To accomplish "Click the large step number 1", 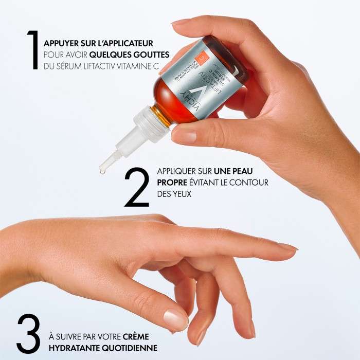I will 33,49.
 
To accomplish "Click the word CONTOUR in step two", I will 250,183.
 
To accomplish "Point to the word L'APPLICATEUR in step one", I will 124,43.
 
